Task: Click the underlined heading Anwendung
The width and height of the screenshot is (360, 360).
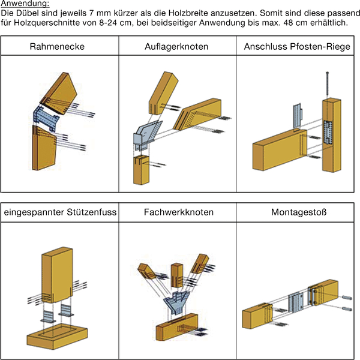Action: click(20, 4)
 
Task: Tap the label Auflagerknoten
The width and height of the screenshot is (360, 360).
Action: click(177, 46)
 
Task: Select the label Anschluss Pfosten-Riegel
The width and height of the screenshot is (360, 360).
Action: click(297, 46)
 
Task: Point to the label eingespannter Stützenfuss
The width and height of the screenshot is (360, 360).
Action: click(60, 212)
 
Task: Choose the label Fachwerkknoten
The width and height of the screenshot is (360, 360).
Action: click(178, 212)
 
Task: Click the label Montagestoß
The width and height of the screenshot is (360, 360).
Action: click(297, 212)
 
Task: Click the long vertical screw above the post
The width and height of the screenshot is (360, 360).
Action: click(328, 82)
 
